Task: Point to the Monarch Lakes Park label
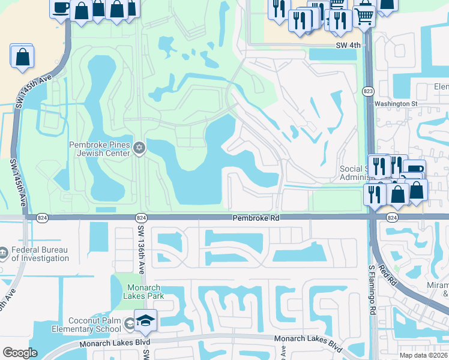click(143, 291)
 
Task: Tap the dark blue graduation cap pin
click(145, 321)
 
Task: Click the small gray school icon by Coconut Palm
click(129, 325)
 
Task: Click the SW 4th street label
click(350, 45)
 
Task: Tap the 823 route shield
click(368, 91)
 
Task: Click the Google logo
click(20, 353)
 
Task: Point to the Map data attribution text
click(425, 355)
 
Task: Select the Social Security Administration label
click(351, 173)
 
